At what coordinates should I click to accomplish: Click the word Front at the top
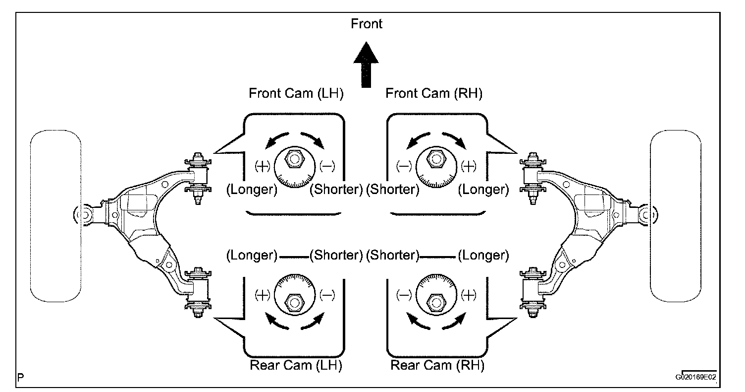[x=367, y=24]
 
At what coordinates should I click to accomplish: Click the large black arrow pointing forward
[x=367, y=65]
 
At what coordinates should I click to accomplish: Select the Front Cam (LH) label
[x=296, y=93]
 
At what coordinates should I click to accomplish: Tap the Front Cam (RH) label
[x=433, y=93]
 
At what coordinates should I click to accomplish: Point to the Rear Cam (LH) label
[x=296, y=366]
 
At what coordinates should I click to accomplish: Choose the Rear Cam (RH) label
[x=437, y=366]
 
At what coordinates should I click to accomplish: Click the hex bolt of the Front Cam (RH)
[x=436, y=160]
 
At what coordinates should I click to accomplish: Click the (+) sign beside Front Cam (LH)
[x=263, y=166]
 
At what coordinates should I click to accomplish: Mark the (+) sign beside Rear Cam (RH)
[x=468, y=296]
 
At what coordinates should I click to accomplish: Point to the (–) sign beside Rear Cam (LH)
[x=326, y=296]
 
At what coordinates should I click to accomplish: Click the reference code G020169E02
[x=695, y=377]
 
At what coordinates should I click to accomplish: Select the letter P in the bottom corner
[x=21, y=377]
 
